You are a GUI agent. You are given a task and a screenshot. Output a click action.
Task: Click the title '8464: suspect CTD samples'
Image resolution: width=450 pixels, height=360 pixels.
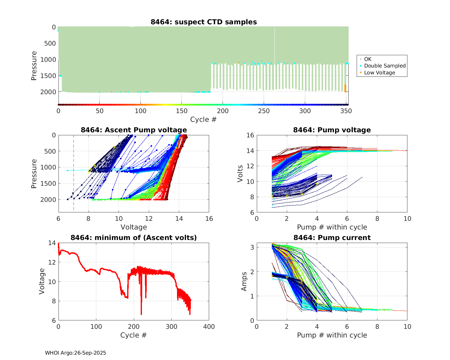click(204, 22)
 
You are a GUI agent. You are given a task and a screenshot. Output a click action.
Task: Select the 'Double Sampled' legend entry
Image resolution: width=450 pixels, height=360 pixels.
click(385, 66)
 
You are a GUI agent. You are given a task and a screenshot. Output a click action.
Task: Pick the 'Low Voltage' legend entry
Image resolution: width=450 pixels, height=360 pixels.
click(379, 73)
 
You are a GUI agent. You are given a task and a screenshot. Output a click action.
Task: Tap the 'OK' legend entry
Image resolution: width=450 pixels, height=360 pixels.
click(368, 59)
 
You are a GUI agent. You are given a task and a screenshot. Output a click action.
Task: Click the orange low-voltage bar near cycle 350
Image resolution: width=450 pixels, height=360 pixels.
click(345, 88)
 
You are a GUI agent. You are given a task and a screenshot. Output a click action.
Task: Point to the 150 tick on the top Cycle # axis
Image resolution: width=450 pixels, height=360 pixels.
click(182, 111)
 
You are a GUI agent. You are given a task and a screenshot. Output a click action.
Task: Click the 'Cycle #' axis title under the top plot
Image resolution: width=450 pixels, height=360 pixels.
click(203, 119)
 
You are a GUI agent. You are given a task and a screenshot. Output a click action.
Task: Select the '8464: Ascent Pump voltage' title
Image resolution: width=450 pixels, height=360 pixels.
click(134, 130)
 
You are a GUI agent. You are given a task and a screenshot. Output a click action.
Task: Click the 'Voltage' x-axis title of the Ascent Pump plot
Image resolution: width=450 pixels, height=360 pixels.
click(134, 227)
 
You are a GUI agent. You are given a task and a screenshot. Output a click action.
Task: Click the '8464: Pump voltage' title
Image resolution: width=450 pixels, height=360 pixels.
click(332, 130)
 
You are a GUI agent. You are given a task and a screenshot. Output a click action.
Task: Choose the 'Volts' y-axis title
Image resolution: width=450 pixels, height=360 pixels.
click(240, 174)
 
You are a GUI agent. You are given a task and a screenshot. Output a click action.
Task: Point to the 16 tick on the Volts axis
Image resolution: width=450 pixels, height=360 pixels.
click(250, 135)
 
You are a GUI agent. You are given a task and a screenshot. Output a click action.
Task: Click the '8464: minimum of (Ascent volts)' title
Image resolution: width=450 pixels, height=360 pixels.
click(134, 238)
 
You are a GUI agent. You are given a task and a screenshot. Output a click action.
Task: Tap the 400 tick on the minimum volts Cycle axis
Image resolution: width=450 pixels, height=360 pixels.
click(209, 327)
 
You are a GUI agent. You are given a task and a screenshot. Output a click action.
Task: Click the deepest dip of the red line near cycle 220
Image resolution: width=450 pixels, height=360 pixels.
click(141, 314)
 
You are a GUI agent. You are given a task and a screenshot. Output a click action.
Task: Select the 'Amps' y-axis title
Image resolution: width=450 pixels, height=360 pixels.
click(244, 281)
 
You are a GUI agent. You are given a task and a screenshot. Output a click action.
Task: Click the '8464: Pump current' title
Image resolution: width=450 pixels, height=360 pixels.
click(332, 238)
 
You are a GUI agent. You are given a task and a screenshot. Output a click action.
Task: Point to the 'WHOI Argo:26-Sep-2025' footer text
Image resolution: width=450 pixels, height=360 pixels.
click(75, 353)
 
